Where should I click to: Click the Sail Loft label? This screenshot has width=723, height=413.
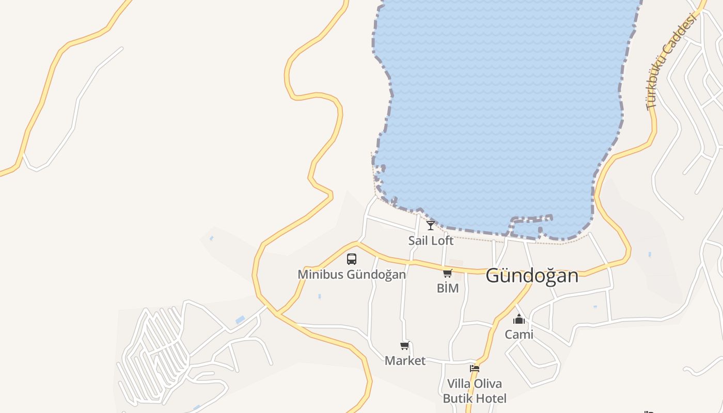tap(431, 241)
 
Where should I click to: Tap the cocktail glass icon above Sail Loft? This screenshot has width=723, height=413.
tap(431, 225)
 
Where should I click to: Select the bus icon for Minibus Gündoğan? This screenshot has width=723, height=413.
tap(352, 259)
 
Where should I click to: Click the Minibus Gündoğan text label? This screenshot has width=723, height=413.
tap(352, 274)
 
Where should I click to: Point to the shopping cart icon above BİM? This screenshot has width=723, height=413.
tap(448, 273)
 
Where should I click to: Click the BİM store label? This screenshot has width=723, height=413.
tap(448, 288)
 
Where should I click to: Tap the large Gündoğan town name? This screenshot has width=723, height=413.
tap(532, 276)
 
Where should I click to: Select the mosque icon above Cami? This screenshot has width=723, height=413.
tap(519, 319)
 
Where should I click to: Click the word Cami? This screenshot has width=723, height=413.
tap(519, 335)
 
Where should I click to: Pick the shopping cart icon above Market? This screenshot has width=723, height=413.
tap(405, 345)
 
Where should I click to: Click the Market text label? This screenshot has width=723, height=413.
tap(405, 361)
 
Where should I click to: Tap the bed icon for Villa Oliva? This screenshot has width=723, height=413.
tap(475, 368)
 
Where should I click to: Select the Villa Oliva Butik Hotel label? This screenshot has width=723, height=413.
tap(475, 391)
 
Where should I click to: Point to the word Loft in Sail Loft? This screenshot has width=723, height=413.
tap(442, 241)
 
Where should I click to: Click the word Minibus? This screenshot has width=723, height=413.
tap(320, 274)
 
